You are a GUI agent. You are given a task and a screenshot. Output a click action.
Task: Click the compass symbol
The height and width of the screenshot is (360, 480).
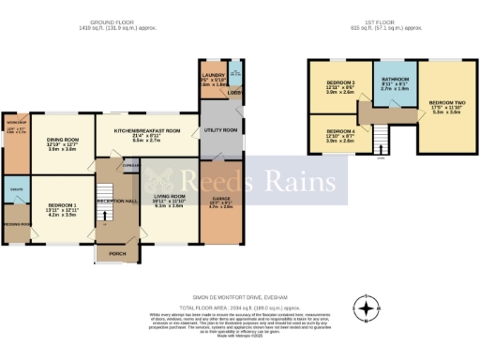pyautogui.click(x=367, y=307)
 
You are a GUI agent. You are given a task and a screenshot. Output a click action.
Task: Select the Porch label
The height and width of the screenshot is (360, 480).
pyautogui.click(x=117, y=253)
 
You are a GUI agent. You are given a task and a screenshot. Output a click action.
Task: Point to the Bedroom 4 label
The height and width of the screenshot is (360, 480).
pyautogui.click(x=340, y=134)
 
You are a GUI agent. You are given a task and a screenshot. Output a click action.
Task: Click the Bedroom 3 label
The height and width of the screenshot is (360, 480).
pyautogui.click(x=340, y=87)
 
